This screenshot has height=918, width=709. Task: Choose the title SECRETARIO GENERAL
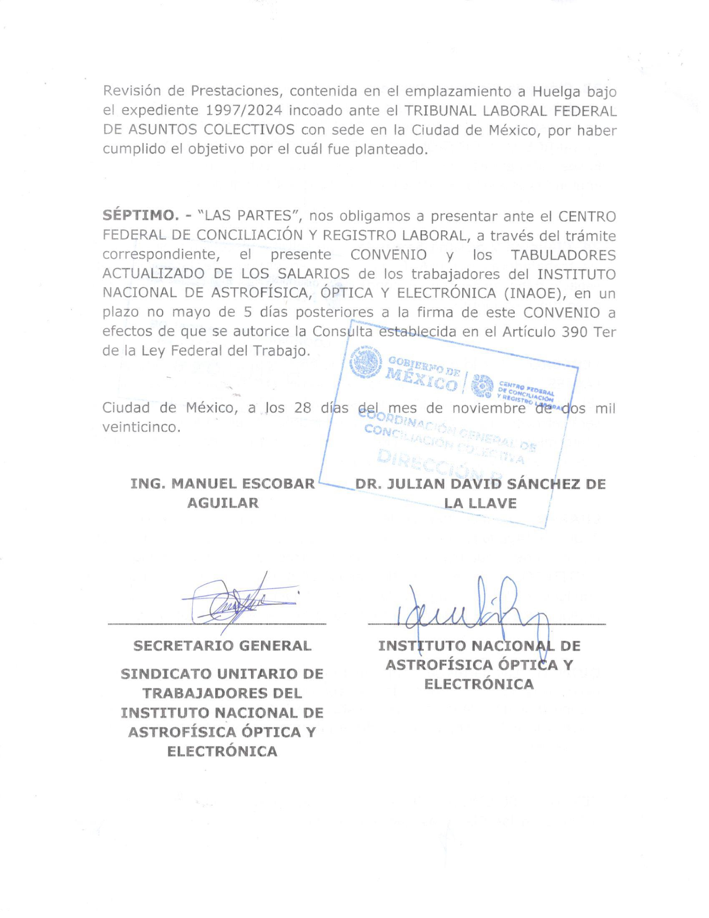click(222, 646)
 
